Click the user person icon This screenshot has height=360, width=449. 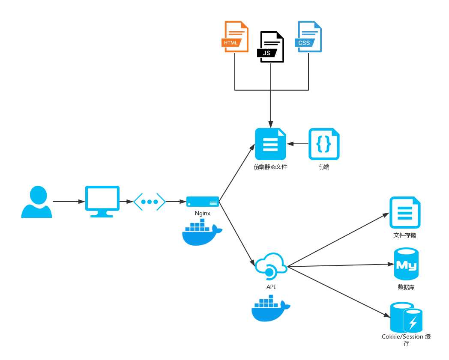[x=37, y=202]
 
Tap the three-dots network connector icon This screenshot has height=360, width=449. [x=150, y=202]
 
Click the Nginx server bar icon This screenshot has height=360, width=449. [x=203, y=201]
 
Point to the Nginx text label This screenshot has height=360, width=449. [x=203, y=213]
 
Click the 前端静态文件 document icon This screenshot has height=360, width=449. [x=270, y=144]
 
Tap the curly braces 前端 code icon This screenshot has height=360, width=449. [x=324, y=144]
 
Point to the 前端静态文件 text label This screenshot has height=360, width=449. [x=270, y=167]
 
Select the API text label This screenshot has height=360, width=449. [x=271, y=287]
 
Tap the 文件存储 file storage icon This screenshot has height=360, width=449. [x=405, y=212]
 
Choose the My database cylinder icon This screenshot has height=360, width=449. [x=406, y=264]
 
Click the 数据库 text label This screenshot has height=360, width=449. [x=406, y=287]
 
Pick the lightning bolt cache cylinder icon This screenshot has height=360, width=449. [x=406, y=318]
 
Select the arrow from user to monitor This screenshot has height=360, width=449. [x=69, y=201]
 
